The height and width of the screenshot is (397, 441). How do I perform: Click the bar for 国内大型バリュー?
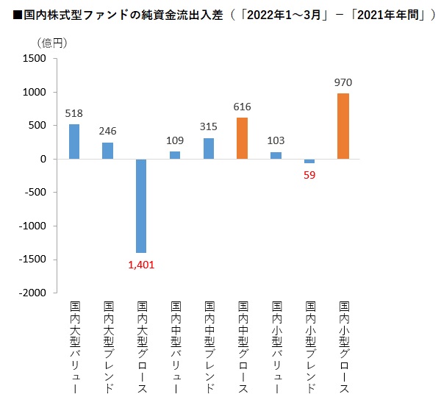(x=74, y=141)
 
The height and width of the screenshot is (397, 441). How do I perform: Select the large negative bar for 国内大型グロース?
(x=141, y=206)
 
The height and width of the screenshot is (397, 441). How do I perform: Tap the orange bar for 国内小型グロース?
(x=343, y=126)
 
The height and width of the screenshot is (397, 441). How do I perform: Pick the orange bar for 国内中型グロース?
(x=242, y=138)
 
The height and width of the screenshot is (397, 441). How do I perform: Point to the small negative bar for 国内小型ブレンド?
(x=309, y=161)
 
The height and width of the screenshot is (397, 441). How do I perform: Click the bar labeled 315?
(x=209, y=149)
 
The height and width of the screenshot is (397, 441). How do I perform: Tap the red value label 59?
(x=309, y=174)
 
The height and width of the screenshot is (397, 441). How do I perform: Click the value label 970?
(x=343, y=83)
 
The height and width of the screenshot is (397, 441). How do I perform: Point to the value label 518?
(x=74, y=113)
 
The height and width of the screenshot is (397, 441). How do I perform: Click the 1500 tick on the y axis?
(x=35, y=59)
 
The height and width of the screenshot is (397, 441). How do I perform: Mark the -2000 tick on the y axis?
(x=32, y=293)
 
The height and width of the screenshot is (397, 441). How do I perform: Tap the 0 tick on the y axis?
(x=44, y=159)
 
